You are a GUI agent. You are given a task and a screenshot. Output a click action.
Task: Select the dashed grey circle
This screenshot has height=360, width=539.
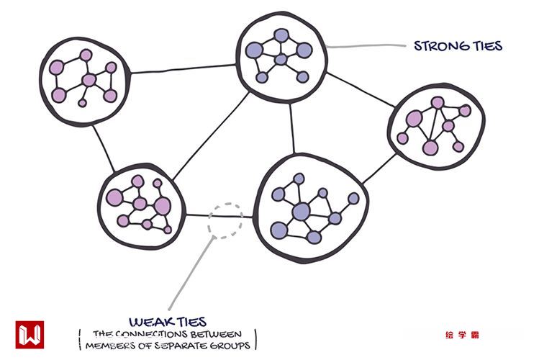click(225, 220)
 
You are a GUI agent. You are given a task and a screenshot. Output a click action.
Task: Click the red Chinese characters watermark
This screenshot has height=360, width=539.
click(462, 335)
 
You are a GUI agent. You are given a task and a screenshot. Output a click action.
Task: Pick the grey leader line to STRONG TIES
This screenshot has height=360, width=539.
click(364, 48)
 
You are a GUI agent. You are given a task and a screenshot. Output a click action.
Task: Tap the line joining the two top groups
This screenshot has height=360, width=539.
click(184, 68)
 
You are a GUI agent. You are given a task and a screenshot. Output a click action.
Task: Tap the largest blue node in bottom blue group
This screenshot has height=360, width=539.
click(301, 211)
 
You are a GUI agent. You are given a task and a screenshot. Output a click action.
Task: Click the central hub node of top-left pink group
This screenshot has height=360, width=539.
click(89, 80)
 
